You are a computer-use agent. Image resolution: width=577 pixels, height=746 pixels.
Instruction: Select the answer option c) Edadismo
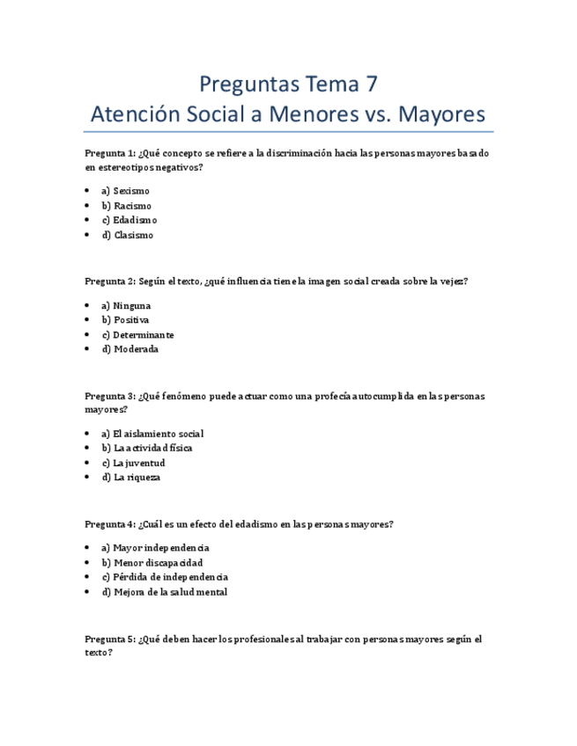129,220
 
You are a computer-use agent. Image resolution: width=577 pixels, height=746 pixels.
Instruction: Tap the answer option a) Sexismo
126,191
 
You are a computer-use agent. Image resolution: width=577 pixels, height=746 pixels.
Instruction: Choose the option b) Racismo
127,206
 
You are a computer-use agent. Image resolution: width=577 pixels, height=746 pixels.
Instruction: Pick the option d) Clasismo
128,235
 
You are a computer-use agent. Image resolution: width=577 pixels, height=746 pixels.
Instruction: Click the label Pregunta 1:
110,153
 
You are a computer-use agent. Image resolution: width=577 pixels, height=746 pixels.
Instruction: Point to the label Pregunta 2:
110,282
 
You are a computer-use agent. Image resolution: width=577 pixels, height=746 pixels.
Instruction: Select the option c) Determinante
138,334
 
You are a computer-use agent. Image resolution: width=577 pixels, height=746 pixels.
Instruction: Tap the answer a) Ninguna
127,305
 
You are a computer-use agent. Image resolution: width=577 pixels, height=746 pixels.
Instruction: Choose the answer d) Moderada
130,348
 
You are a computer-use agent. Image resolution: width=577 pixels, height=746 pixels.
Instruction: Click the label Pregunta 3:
110,396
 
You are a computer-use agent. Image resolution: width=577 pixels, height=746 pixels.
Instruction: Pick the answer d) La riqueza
131,477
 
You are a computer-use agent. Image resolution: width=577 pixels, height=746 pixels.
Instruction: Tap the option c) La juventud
134,463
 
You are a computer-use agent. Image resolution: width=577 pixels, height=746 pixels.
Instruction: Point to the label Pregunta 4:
110,524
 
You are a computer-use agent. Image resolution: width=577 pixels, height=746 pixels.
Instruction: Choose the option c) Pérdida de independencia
166,577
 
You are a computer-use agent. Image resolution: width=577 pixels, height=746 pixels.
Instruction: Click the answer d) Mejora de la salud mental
165,592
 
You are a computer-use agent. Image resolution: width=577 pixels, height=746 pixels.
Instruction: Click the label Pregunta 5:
110,640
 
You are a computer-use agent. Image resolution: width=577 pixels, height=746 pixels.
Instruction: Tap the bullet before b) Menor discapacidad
88,563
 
